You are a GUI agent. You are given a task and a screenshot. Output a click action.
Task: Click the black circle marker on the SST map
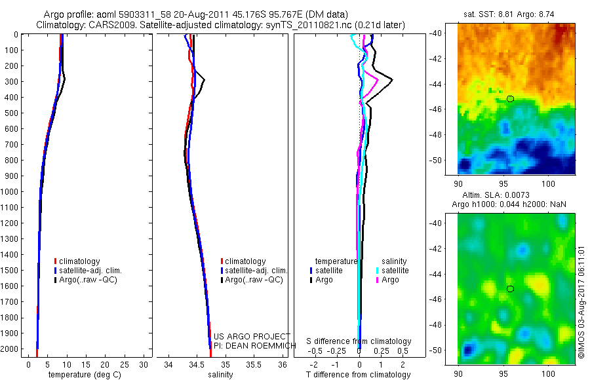coord(510,99)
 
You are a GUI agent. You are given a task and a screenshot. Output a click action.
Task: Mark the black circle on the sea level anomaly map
coord(510,289)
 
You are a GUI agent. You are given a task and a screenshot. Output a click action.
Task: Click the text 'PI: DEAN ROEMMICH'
coord(250,345)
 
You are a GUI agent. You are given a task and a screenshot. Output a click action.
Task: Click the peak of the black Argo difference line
coord(392,80)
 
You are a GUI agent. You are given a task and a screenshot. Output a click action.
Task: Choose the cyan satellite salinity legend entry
coord(391,270)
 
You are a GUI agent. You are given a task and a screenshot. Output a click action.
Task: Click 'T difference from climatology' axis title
coord(358,375)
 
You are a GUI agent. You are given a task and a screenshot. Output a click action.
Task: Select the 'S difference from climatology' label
coord(359,341)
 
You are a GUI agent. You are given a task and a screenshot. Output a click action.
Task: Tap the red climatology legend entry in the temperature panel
coord(77,261)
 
